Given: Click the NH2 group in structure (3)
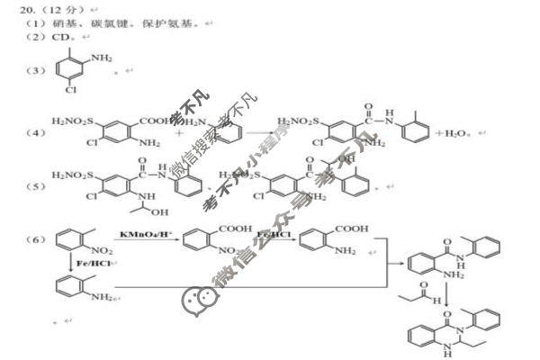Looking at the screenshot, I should point(102,58).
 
